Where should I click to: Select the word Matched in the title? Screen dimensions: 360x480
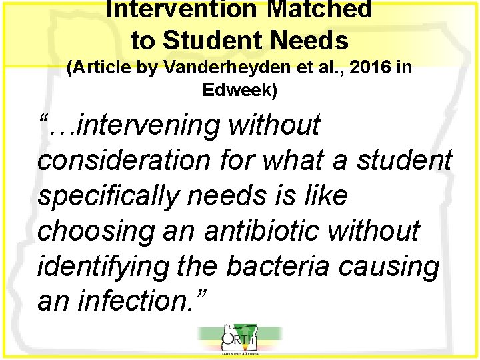326,9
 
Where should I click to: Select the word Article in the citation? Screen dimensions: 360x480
103,68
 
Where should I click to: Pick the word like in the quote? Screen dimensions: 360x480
325,197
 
